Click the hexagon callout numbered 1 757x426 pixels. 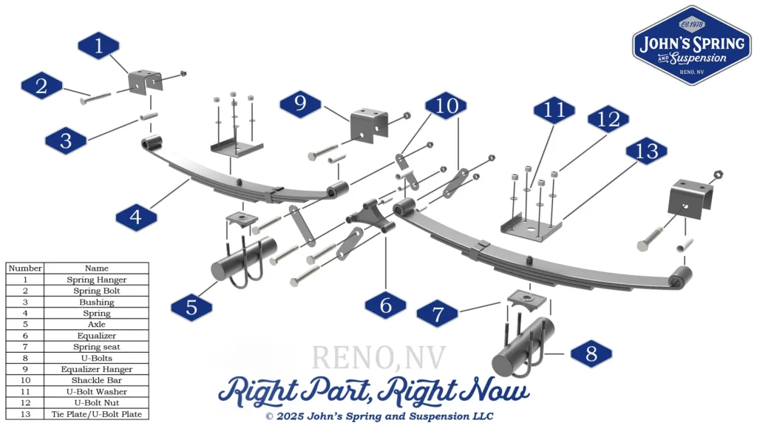point(98,46)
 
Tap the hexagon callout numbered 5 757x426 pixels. point(191,307)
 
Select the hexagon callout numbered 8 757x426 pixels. point(591,354)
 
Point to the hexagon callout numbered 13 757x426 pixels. point(646,152)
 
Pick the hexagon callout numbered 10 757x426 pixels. point(447,106)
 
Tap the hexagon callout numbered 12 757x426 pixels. point(608,119)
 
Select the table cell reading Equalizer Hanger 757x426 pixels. point(96,369)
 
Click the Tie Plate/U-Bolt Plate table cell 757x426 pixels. point(96,414)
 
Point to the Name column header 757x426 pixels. point(96,268)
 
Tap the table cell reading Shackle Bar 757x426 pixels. point(96,380)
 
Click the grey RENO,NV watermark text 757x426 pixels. point(378,357)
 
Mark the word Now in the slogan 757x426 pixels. point(495,390)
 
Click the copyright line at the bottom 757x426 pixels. point(378,416)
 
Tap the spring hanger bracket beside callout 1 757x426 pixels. point(144,82)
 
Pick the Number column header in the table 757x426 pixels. point(25,268)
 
